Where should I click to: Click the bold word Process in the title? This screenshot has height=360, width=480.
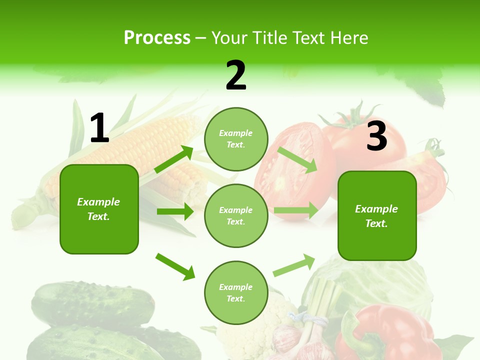pyautogui.click(x=157, y=38)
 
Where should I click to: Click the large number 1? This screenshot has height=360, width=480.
pyautogui.click(x=99, y=128)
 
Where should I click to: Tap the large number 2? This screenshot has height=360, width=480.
pyautogui.click(x=236, y=75)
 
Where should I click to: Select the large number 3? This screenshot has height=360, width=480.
pyautogui.click(x=376, y=136)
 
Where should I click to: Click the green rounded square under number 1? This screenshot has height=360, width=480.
pyautogui.click(x=99, y=209)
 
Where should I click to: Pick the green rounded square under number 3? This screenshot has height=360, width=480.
pyautogui.click(x=377, y=216)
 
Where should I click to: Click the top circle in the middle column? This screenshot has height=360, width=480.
pyautogui.click(x=236, y=139)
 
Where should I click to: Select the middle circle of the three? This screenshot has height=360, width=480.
pyautogui.click(x=236, y=215)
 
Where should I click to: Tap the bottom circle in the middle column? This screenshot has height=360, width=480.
pyautogui.click(x=236, y=292)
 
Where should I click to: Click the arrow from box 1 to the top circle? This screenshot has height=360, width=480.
pyautogui.click(x=174, y=159)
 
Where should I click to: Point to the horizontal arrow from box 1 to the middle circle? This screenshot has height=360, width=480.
pyautogui.click(x=175, y=211)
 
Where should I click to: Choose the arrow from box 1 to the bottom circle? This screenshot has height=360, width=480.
pyautogui.click(x=175, y=266)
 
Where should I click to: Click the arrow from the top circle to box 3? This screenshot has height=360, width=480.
pyautogui.click(x=297, y=159)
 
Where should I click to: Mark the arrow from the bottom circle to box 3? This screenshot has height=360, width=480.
pyautogui.click(x=294, y=265)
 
